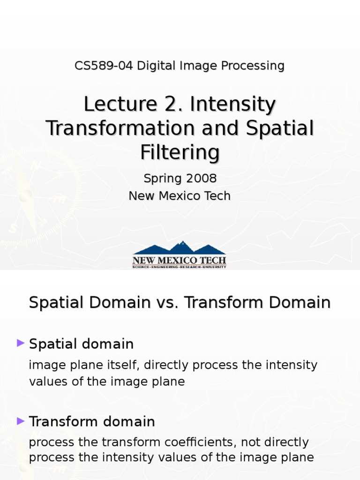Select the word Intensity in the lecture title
[232, 105]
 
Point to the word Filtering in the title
[180, 152]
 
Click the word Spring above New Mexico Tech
[161, 179]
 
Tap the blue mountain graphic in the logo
[180, 248]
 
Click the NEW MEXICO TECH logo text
[180, 260]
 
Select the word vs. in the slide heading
[167, 303]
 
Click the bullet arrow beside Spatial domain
[20, 344]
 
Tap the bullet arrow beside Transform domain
[20, 421]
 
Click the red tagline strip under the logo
[180, 267]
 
